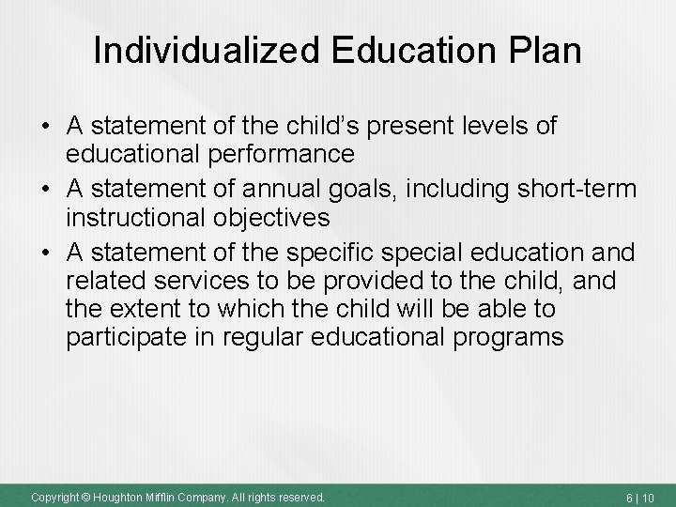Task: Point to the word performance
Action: [271, 153]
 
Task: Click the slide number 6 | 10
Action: [643, 496]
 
